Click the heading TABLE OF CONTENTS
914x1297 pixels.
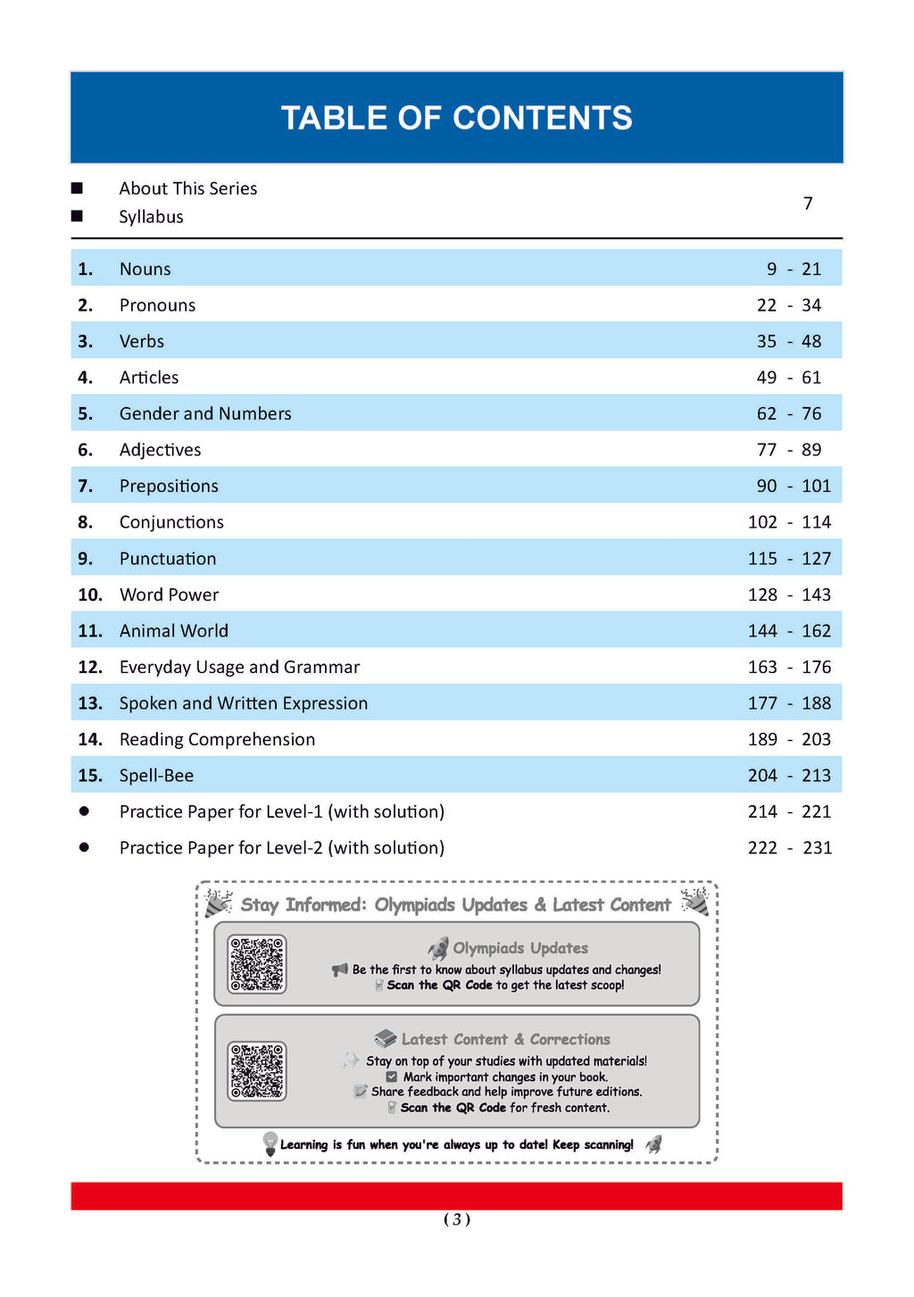[x=456, y=118]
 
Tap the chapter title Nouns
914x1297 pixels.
[x=145, y=269]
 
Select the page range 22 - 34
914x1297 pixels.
[x=788, y=305]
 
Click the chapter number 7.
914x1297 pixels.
[x=85, y=486]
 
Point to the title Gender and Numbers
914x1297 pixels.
[x=205, y=413]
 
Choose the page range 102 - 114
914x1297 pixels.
[x=788, y=522]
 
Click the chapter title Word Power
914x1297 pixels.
[x=169, y=594]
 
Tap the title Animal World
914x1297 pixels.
[x=174, y=631]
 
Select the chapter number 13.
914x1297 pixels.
[x=90, y=703]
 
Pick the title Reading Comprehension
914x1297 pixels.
[x=217, y=739]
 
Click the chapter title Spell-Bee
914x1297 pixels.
[x=156, y=776]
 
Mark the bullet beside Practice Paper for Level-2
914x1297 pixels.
[x=84, y=847]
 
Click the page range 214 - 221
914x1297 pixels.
[x=788, y=811]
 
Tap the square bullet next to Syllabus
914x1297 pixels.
[x=77, y=216]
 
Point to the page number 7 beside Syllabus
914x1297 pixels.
[x=808, y=204]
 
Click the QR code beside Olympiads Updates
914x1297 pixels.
[x=257, y=964]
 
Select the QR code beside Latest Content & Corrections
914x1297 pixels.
[x=257, y=1070]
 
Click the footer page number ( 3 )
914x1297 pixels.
[x=456, y=1219]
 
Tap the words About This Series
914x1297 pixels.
[x=187, y=188]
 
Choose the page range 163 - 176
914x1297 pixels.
[x=788, y=667]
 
